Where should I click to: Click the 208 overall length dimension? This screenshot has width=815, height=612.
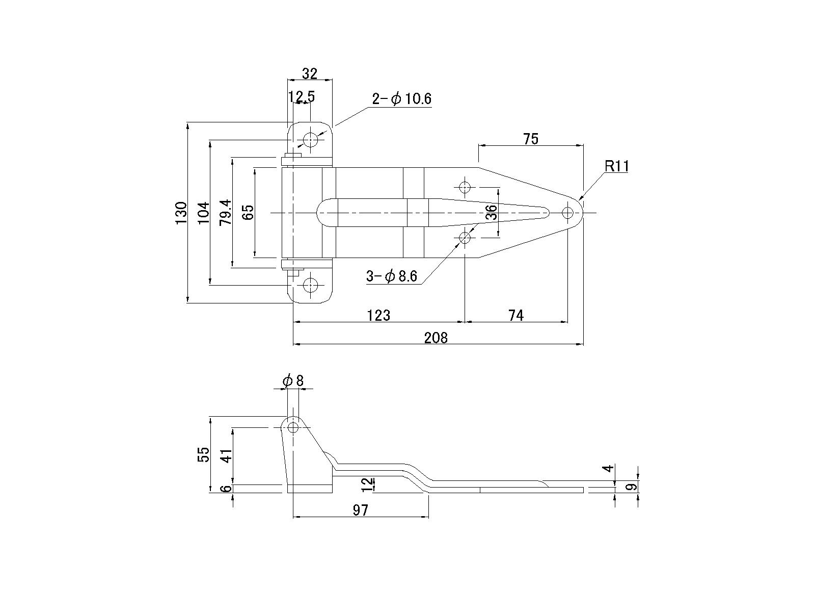(x=436, y=338)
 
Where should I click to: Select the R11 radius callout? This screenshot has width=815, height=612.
(x=616, y=166)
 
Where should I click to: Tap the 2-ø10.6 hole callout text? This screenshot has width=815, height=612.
(x=401, y=98)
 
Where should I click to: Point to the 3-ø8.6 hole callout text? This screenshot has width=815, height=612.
(x=391, y=276)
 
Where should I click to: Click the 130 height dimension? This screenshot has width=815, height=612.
(x=181, y=213)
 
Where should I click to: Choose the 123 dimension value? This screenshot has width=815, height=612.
(x=378, y=316)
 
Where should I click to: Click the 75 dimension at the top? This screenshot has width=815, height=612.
(x=530, y=139)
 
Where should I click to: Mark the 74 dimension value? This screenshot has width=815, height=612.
(x=515, y=316)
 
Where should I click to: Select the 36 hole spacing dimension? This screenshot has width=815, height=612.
(x=491, y=212)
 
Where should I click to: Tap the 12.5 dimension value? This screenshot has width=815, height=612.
(x=301, y=96)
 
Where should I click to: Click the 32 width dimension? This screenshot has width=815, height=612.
(x=310, y=74)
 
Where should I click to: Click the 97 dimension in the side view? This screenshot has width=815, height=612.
(x=360, y=510)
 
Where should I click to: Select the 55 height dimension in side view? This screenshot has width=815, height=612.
(x=203, y=454)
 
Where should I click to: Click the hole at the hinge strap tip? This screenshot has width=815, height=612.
(x=567, y=213)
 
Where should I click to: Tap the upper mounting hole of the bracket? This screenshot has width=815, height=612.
(x=310, y=139)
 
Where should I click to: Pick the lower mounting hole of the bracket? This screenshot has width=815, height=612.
(x=310, y=285)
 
